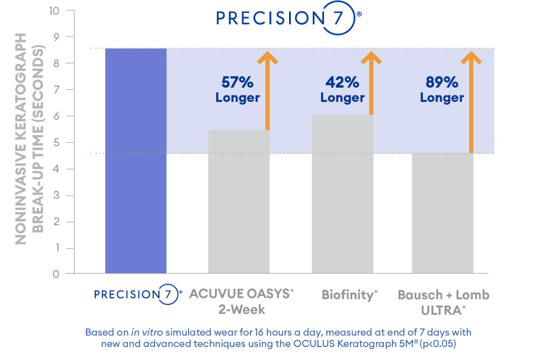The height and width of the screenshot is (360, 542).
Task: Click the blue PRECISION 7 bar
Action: [x=136, y=160]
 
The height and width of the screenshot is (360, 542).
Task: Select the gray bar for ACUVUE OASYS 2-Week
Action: [x=239, y=201]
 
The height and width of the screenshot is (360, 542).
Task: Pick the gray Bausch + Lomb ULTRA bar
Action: [x=442, y=213]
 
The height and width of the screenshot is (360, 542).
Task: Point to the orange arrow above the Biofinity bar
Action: [x=371, y=83]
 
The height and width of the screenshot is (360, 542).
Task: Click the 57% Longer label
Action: [x=238, y=89]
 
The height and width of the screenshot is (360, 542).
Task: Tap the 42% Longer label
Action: [x=342, y=89]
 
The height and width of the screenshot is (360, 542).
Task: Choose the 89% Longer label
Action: [x=442, y=89]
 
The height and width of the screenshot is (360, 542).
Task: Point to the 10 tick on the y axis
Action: [x=53, y=11]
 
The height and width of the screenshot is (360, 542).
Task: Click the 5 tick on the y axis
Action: [x=55, y=143]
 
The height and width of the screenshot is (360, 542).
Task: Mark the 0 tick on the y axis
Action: [x=55, y=274]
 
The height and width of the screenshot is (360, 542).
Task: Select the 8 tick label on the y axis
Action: [x=55, y=63]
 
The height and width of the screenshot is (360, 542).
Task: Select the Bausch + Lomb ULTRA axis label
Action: [x=443, y=301]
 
